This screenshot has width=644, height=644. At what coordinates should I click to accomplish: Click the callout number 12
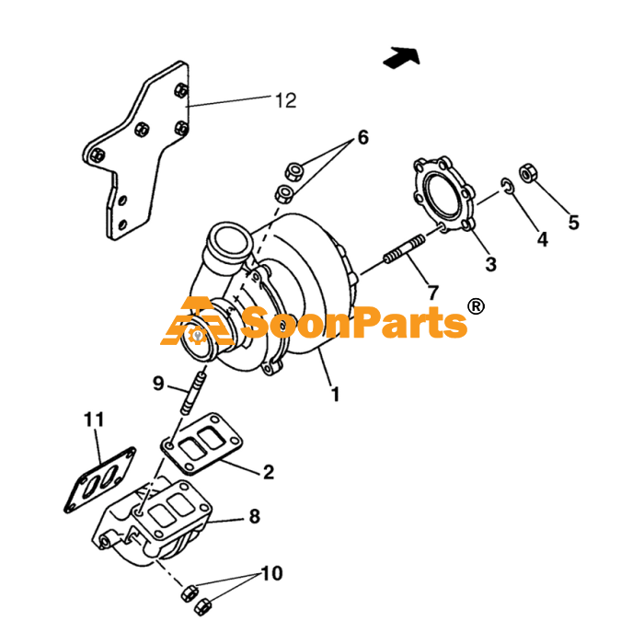[x=286, y=100]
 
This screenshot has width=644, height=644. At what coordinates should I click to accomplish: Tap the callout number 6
[x=363, y=137]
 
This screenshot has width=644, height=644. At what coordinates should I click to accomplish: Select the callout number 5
[x=574, y=223]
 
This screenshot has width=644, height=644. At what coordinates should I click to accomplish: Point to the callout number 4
[x=543, y=239]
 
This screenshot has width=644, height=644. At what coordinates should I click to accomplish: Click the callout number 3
[x=491, y=264]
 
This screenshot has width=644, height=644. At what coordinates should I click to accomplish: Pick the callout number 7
[x=433, y=293]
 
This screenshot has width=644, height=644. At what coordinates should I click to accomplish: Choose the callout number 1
[x=336, y=395]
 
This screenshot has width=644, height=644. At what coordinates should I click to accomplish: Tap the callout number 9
[x=158, y=384]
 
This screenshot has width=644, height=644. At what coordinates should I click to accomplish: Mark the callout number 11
[x=94, y=420]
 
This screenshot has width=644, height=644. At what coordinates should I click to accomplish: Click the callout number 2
[x=269, y=472]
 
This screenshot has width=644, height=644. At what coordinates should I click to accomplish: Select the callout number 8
[x=255, y=516]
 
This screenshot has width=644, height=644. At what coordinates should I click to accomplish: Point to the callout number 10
[x=272, y=573]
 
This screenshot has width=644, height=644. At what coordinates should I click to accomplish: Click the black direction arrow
[x=402, y=57]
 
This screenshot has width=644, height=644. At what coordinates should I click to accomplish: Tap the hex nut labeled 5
[x=528, y=173]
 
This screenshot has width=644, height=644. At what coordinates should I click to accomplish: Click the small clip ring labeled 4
[x=508, y=187]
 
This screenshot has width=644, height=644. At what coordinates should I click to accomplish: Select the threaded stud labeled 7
[x=405, y=248]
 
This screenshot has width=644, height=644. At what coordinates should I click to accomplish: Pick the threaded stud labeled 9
[x=193, y=394]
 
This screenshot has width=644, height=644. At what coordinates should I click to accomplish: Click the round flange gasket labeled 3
[x=443, y=195]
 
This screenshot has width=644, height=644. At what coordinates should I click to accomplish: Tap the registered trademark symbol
[x=476, y=306]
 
